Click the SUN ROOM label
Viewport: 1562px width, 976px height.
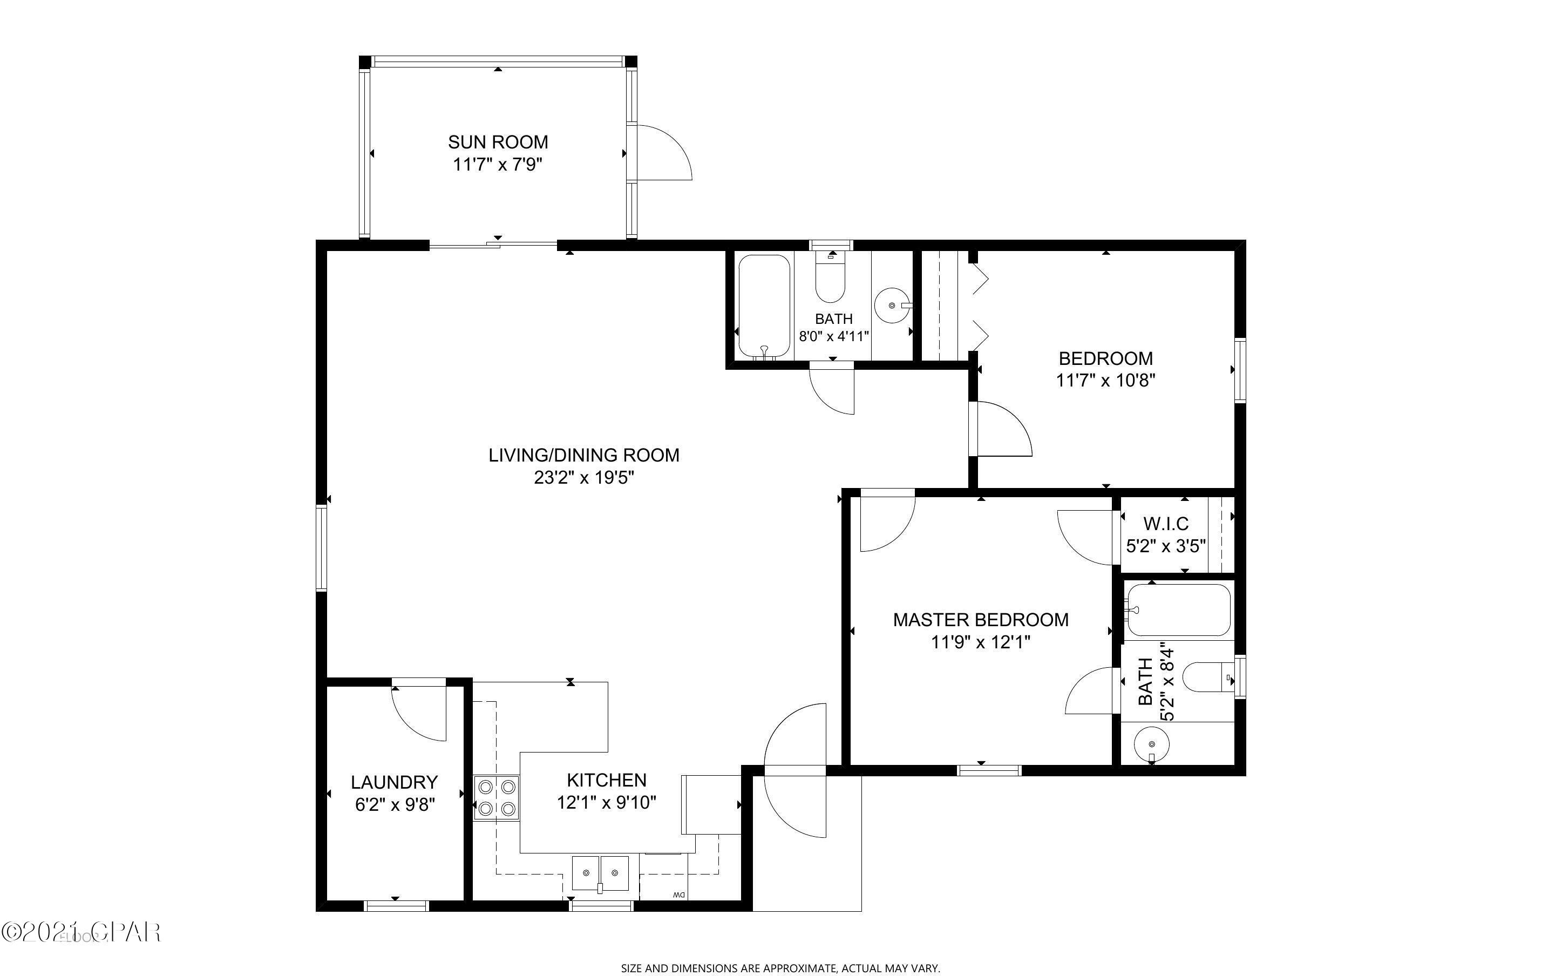tap(498, 142)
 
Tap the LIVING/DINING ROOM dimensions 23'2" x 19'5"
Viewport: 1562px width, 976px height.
tap(584, 478)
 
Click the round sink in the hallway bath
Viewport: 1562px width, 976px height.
tap(892, 306)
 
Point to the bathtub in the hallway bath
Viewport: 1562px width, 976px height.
tap(764, 306)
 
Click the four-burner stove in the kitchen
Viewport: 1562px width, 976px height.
tap(497, 797)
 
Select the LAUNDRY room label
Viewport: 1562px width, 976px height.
tap(394, 782)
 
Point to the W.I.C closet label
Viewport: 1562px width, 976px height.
tap(1166, 524)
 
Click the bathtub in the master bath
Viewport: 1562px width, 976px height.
tap(1178, 610)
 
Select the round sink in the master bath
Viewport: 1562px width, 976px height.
tap(1152, 745)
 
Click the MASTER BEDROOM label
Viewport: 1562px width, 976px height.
tap(981, 620)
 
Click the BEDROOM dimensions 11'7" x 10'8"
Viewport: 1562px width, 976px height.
tap(1105, 380)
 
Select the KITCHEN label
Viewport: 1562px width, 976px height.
tap(607, 780)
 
